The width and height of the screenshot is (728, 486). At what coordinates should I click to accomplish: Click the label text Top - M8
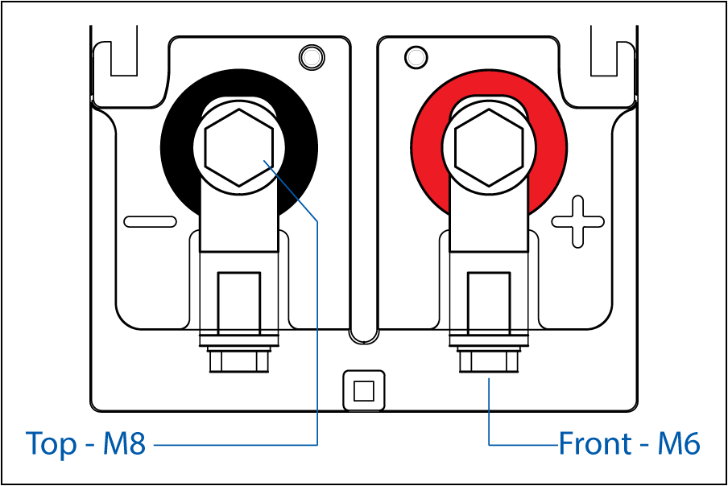tap(86, 444)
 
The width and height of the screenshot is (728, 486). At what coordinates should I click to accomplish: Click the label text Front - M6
tap(629, 443)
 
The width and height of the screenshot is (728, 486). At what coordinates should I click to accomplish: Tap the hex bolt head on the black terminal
tap(238, 147)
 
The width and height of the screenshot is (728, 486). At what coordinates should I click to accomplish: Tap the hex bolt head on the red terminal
tap(489, 147)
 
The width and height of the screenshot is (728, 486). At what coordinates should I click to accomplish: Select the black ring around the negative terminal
tap(176, 148)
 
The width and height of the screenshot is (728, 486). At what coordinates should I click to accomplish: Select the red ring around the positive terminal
tap(427, 148)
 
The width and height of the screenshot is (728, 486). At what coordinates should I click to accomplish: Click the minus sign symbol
tap(151, 221)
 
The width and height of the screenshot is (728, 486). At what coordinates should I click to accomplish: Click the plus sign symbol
tap(578, 221)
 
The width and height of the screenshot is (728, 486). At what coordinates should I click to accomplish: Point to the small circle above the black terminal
tap(312, 57)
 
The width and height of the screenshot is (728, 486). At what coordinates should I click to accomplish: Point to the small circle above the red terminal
tap(416, 57)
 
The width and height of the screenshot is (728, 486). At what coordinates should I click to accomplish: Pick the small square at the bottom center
tap(364, 390)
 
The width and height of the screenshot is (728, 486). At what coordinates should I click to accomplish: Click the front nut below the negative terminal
tap(239, 360)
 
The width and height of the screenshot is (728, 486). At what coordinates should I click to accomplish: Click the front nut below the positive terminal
tap(489, 360)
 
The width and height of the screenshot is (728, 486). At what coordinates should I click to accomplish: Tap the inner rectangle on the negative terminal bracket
tap(239, 303)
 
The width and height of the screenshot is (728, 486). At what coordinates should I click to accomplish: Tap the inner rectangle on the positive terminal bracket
tap(489, 303)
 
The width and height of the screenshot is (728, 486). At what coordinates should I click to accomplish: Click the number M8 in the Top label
tap(124, 443)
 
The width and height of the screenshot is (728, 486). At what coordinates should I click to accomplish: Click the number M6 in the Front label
tap(679, 443)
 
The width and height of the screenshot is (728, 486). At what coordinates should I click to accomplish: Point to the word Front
tap(595, 443)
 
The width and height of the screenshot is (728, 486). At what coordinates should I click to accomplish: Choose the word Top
tap(52, 445)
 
